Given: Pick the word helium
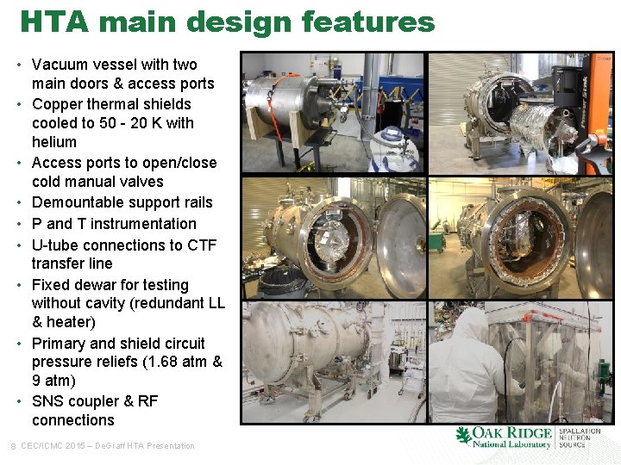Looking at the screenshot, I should click(53, 142).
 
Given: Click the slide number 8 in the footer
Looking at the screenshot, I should click(11, 446).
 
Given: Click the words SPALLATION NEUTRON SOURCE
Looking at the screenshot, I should click(580, 437).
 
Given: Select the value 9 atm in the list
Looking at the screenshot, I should click(53, 381).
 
